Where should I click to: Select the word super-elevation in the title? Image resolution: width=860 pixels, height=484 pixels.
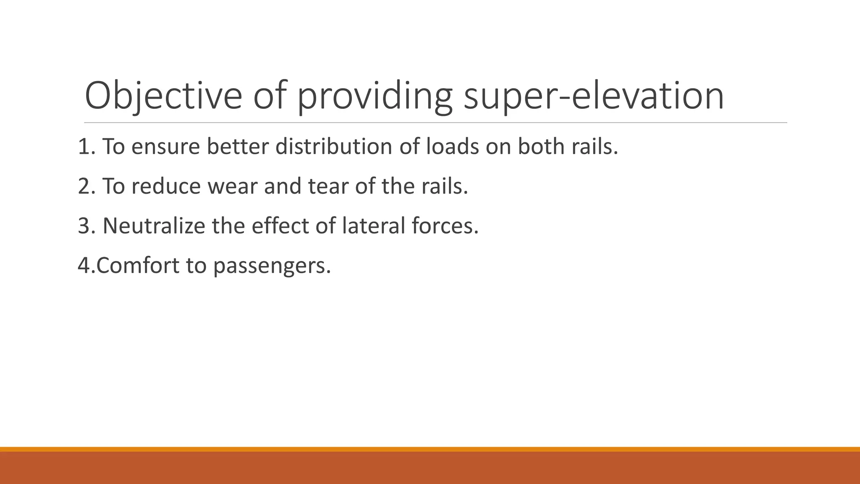(x=594, y=96)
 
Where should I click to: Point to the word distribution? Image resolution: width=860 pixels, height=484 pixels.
(x=334, y=147)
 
